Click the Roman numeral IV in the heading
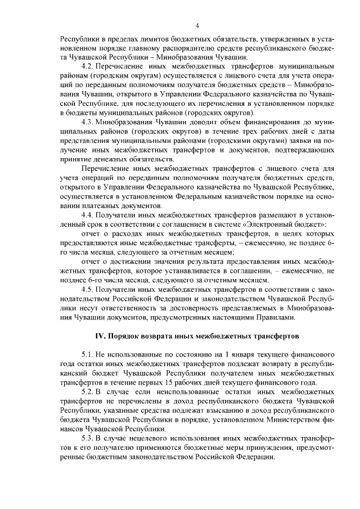coord(100,336)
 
